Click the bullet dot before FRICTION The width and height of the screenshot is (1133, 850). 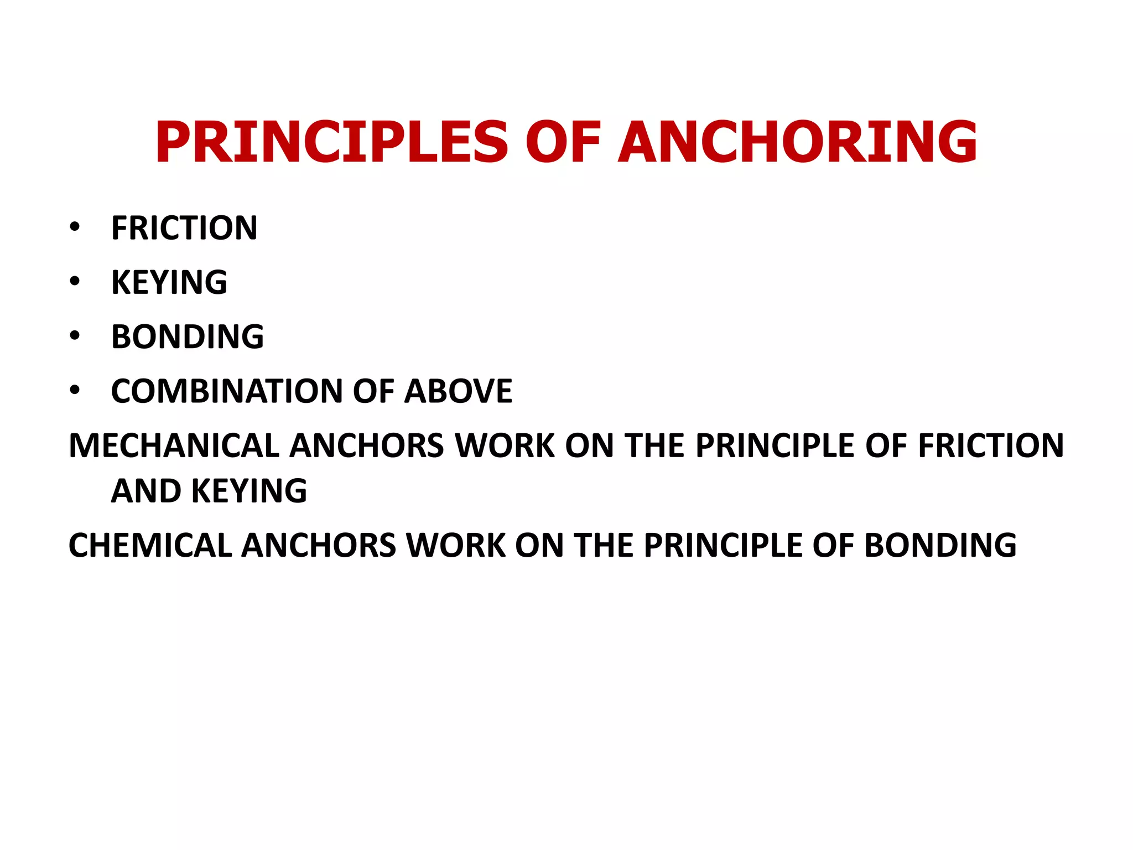click(75, 227)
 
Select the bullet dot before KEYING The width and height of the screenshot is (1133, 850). click(75, 281)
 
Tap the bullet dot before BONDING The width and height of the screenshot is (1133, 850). click(75, 335)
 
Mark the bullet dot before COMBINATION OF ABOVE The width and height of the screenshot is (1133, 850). click(75, 390)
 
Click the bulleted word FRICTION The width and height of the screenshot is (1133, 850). click(184, 228)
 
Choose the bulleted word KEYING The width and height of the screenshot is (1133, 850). click(169, 282)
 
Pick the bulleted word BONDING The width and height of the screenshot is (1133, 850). click(188, 336)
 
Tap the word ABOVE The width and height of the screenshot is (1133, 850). click(459, 391)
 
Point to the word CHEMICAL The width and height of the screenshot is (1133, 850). click(150, 545)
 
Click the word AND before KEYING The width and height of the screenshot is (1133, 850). click(146, 491)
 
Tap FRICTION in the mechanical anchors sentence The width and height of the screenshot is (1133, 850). click(991, 445)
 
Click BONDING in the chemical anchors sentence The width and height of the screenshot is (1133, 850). click(940, 545)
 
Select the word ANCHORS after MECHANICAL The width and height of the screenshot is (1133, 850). click(367, 445)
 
